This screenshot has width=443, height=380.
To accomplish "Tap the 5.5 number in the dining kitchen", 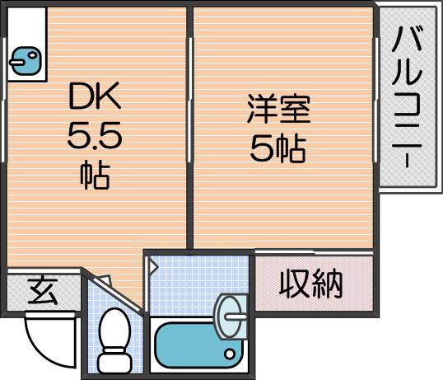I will tap(95, 137).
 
